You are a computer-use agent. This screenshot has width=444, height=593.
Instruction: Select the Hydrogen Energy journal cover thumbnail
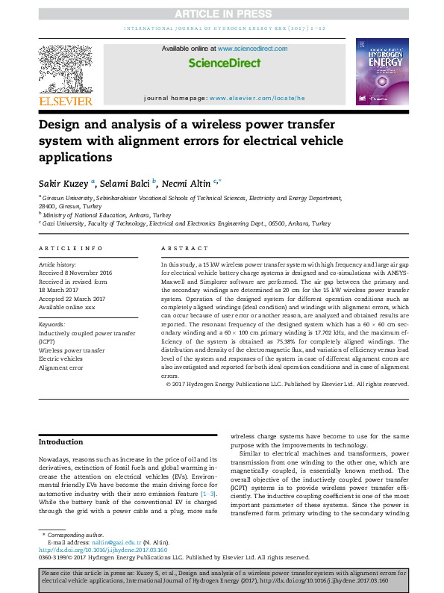tap(383, 72)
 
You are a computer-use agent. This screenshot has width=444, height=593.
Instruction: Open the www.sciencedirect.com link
tap(247, 49)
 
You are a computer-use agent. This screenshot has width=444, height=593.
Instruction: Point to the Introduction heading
tap(61, 442)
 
